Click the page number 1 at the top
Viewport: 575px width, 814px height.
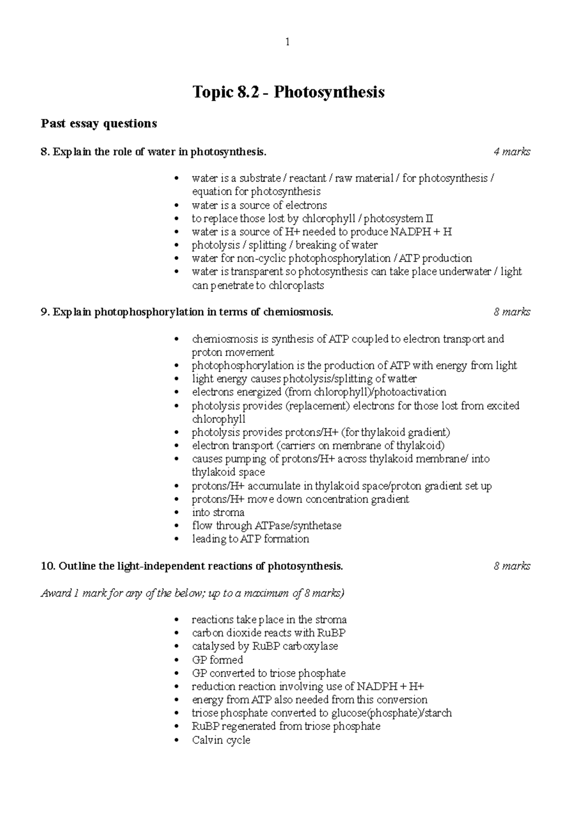click(287, 42)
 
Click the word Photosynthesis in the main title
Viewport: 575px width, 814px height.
click(329, 92)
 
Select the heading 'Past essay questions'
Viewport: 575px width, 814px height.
click(99, 124)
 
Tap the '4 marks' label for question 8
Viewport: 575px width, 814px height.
click(512, 152)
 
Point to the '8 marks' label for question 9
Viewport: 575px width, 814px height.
click(512, 312)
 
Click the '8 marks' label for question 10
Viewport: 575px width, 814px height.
click(512, 566)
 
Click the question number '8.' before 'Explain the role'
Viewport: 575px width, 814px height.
click(46, 152)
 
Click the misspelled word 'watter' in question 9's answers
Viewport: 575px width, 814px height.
click(402, 379)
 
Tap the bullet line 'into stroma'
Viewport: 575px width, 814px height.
click(218, 512)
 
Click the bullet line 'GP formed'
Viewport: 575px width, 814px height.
click(217, 660)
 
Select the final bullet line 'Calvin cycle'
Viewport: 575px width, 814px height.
click(221, 740)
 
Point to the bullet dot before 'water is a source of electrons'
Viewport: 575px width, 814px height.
click(177, 206)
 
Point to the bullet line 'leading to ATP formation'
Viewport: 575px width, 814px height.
click(250, 539)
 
